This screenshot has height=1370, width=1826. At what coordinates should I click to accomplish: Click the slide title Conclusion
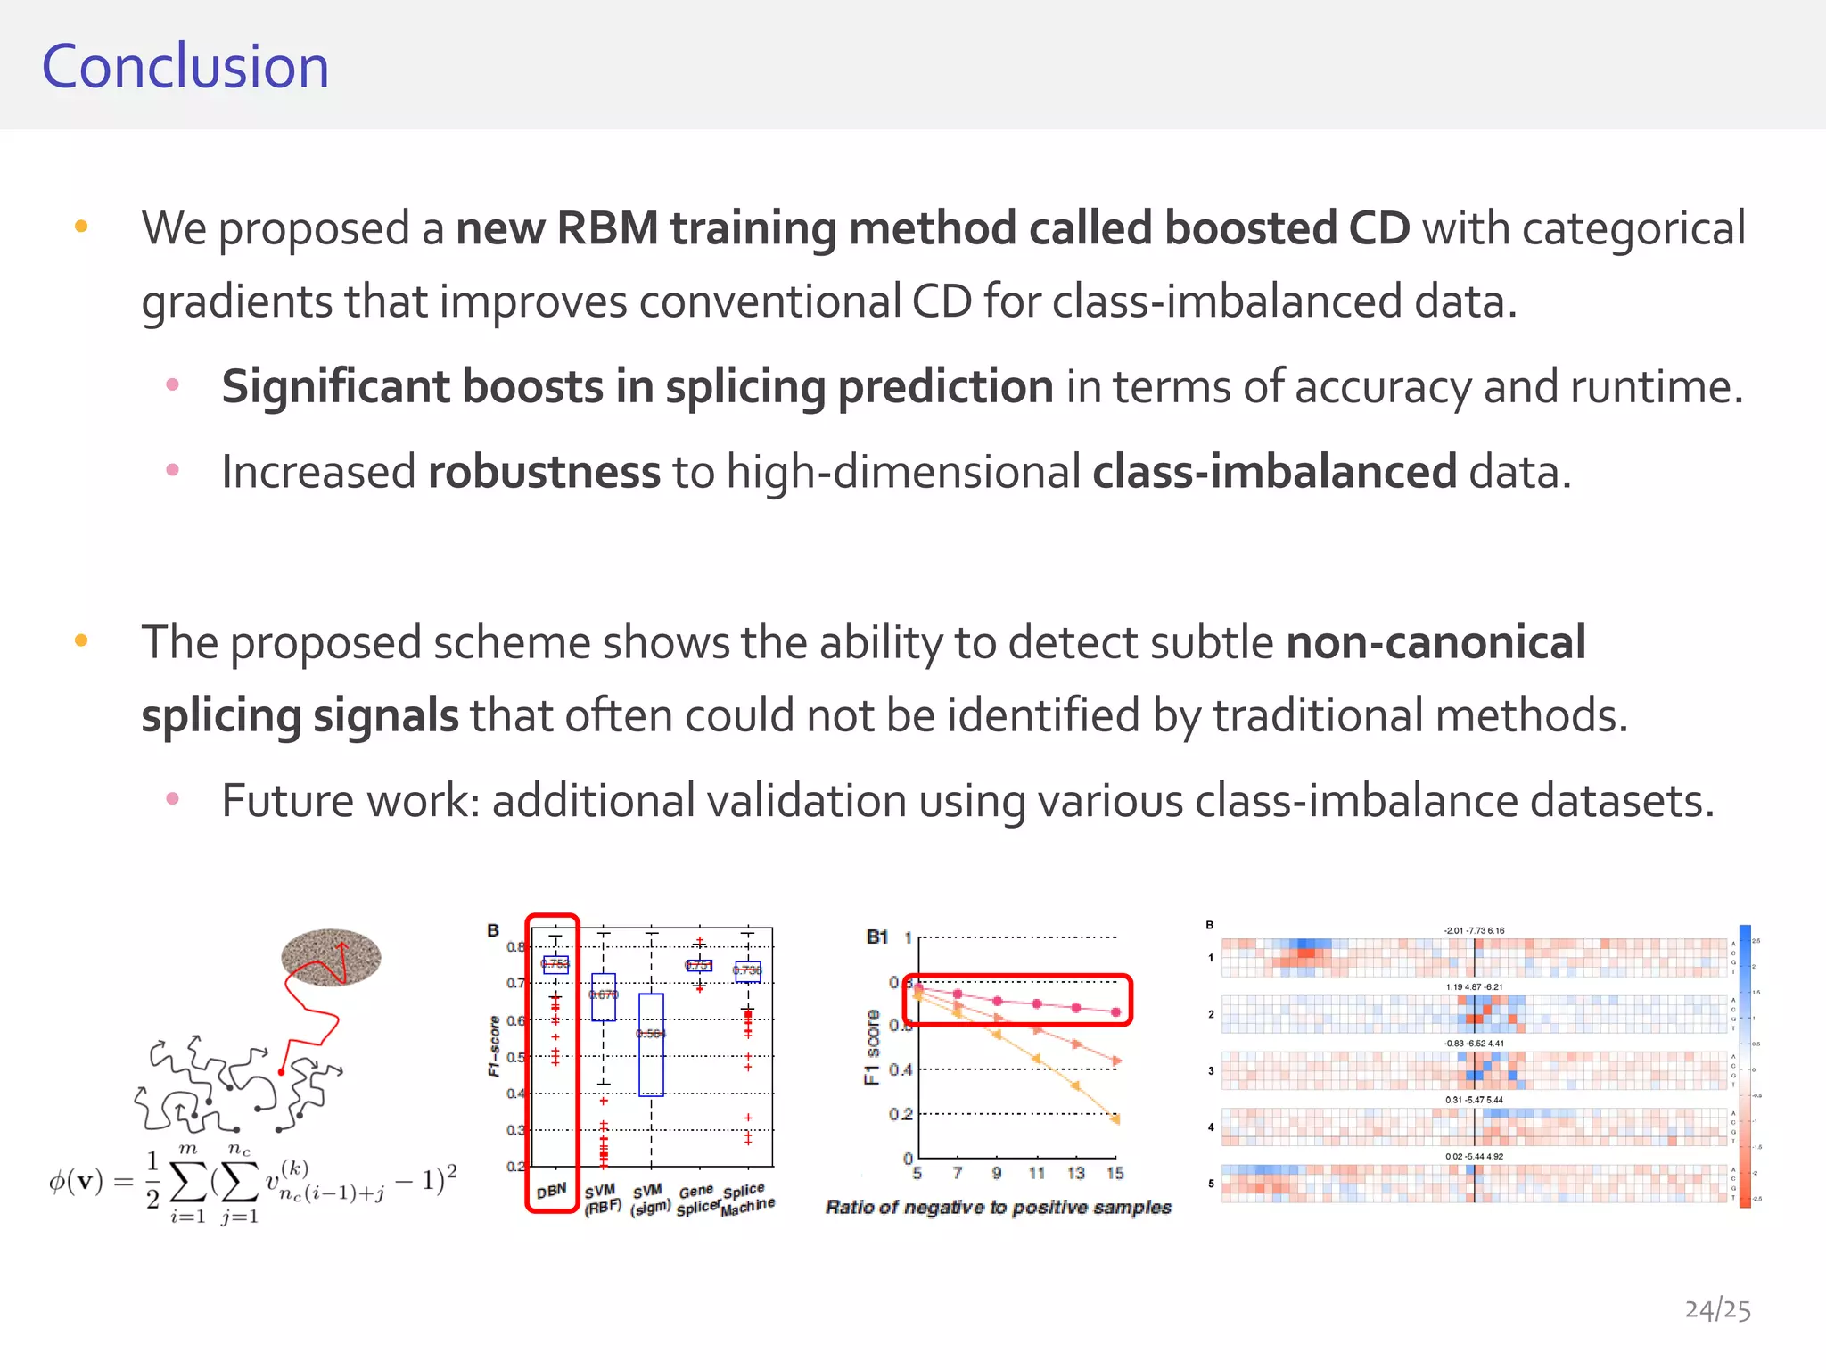[x=185, y=67]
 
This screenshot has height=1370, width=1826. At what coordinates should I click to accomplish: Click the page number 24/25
[x=1717, y=1309]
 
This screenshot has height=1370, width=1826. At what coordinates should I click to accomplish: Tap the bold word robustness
[x=544, y=472]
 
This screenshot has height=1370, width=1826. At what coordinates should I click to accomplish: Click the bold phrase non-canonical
[x=1435, y=642]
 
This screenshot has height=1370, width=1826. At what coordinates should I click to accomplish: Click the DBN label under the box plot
[x=552, y=1191]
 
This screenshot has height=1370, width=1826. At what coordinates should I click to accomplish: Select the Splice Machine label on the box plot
[x=747, y=1199]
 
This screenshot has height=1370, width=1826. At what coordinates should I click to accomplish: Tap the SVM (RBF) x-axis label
[x=602, y=1199]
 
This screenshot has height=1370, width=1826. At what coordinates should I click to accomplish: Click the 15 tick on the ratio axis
[x=1115, y=1174]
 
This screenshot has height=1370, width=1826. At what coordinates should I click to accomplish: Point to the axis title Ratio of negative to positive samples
[x=998, y=1208]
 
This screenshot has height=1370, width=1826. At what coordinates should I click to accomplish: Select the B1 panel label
[x=877, y=937]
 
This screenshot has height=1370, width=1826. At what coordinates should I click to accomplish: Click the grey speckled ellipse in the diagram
[x=331, y=957]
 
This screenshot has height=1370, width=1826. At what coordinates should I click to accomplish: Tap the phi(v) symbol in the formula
[x=76, y=1181]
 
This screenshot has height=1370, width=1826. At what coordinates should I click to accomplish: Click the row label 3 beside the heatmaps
[x=1211, y=1070]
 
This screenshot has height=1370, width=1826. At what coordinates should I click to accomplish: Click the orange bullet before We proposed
[x=81, y=227]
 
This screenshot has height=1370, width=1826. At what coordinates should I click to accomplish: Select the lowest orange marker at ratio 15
[x=1115, y=1118]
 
